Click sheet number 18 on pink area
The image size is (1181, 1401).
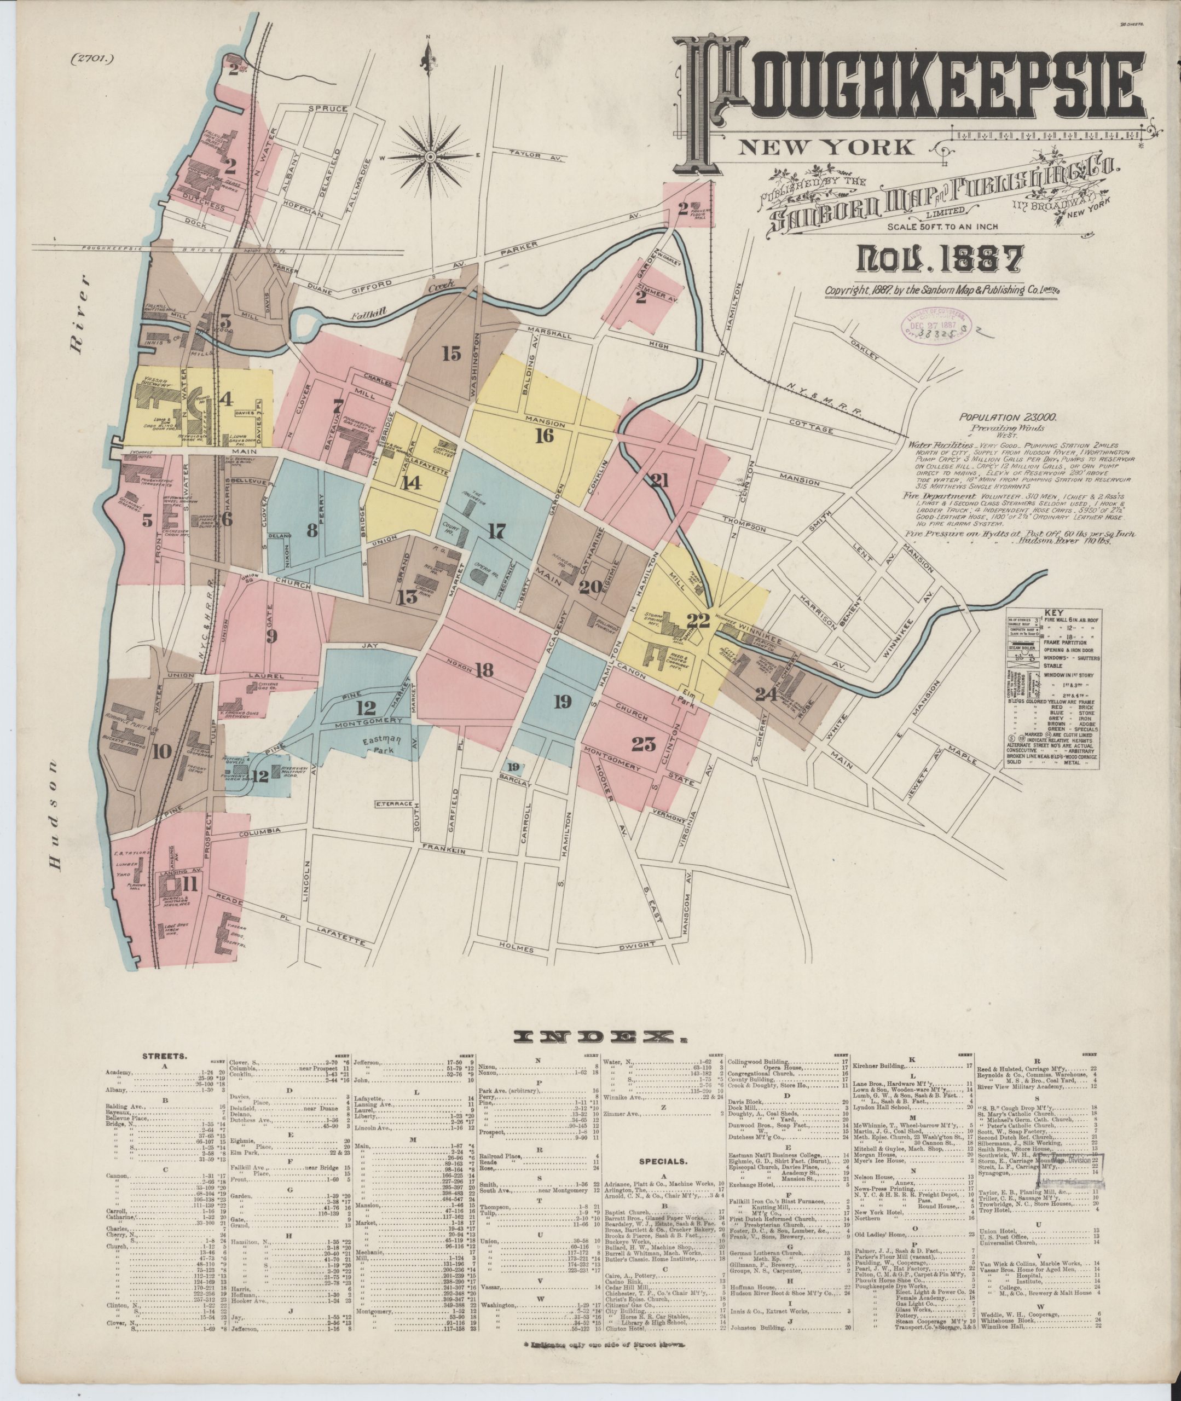(x=484, y=669)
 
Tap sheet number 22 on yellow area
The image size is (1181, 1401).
(x=698, y=621)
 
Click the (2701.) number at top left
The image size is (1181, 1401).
(x=92, y=57)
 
